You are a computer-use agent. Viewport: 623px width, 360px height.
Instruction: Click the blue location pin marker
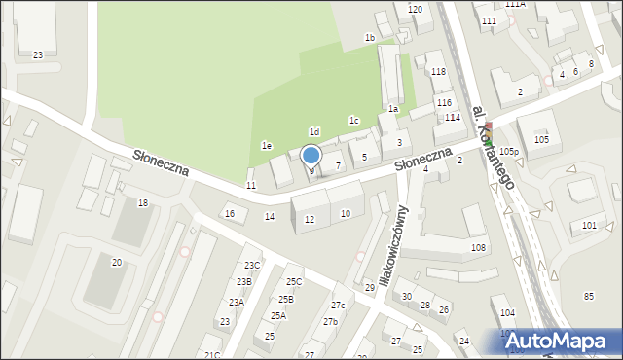311,155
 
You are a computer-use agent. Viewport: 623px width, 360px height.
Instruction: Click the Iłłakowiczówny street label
386,244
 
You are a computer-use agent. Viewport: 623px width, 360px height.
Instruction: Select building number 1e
266,145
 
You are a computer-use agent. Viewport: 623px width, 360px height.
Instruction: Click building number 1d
314,131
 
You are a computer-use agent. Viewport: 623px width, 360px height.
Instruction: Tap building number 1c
354,121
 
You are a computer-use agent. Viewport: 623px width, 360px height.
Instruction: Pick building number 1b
370,38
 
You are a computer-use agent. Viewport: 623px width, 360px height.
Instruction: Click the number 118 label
438,72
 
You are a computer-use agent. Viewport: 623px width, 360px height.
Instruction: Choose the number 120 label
415,9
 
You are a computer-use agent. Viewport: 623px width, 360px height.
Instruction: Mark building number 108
478,248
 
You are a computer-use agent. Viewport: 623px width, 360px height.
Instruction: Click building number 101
589,226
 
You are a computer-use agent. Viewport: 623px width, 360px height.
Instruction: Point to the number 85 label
588,296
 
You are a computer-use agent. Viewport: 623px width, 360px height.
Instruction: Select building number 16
230,213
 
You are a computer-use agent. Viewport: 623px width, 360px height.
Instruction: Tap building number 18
143,202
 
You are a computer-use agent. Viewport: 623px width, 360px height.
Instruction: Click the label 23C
252,265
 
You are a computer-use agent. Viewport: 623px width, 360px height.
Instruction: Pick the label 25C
294,282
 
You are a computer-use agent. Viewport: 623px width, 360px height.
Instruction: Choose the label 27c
338,306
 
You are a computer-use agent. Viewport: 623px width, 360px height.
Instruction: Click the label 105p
510,152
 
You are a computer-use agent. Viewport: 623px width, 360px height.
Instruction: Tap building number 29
369,288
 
